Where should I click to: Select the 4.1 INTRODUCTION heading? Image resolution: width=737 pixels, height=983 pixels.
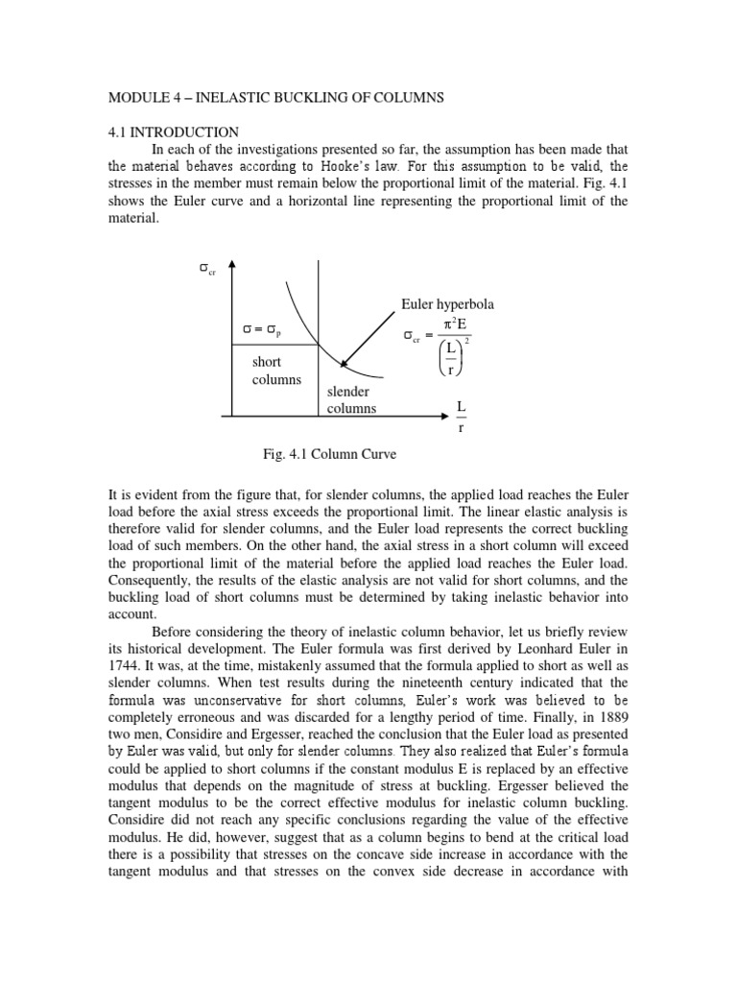pyautogui.click(x=174, y=132)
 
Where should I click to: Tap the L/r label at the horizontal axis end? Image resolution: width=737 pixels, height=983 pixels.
pyautogui.click(x=461, y=418)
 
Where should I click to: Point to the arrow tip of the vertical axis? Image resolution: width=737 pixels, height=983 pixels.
pyautogui.click(x=232, y=261)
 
